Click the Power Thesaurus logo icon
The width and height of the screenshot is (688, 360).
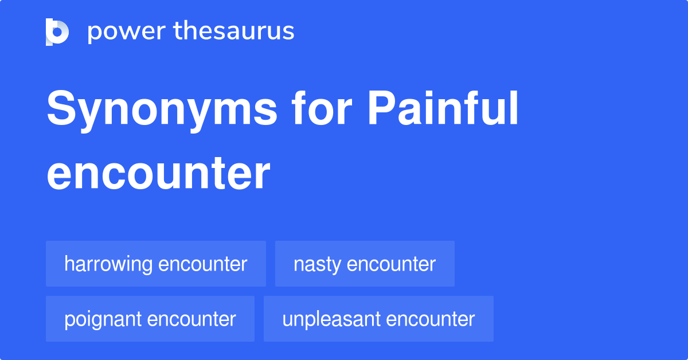pyautogui.click(x=57, y=32)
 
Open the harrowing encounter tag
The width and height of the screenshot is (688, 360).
pyautogui.click(x=155, y=264)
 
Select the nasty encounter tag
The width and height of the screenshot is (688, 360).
pyautogui.click(x=365, y=264)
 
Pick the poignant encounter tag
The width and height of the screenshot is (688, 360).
pyautogui.click(x=150, y=319)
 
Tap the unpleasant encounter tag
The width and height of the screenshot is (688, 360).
pyautogui.click(x=378, y=319)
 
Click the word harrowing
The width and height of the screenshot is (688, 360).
pyautogui.click(x=108, y=264)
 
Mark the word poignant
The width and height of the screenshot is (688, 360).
pyautogui.click(x=103, y=319)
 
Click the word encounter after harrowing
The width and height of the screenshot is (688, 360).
pyautogui.click(x=202, y=264)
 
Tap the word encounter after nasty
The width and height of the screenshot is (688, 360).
pyautogui.click(x=392, y=264)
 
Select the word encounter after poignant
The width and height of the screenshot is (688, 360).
pyautogui.click(x=191, y=319)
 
